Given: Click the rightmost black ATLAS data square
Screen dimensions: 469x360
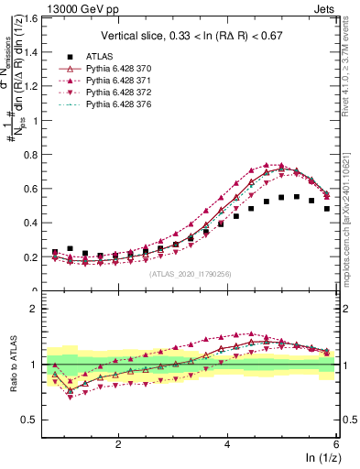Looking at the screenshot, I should click(x=327, y=208).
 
